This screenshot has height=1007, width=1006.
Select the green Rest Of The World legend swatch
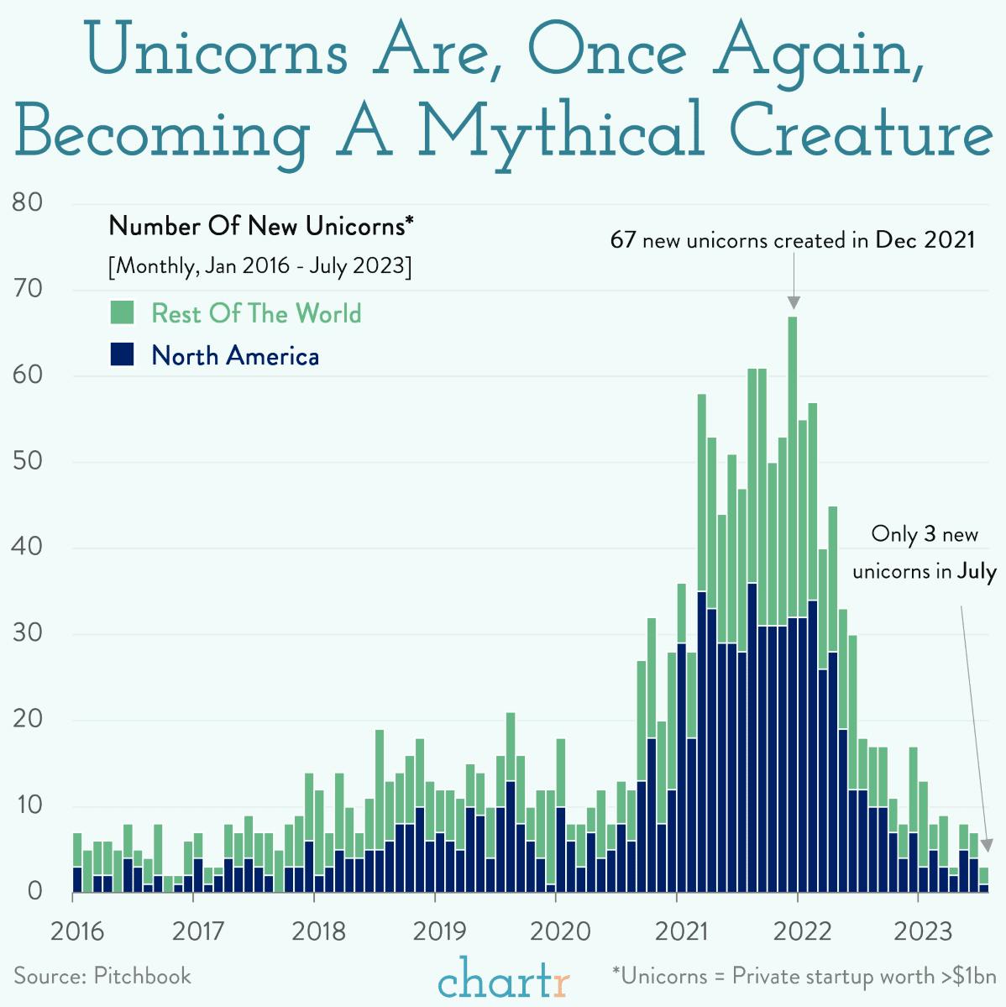pyautogui.click(x=123, y=313)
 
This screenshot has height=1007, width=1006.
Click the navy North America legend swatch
pyautogui.click(x=123, y=354)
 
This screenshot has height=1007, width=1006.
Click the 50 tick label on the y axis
pyautogui.click(x=28, y=461)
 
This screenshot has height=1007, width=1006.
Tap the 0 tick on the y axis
pyautogui.click(x=34, y=890)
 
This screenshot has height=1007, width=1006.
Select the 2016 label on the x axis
pyautogui.click(x=76, y=931)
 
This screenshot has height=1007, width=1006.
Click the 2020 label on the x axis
pyautogui.click(x=555, y=931)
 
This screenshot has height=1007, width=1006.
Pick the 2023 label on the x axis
pyautogui.click(x=921, y=931)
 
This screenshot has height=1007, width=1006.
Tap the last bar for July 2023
pyautogui.click(x=983, y=880)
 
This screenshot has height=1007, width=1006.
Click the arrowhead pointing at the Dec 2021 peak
pyautogui.click(x=794, y=303)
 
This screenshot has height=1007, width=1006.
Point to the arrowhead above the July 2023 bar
pyautogui.click(x=987, y=845)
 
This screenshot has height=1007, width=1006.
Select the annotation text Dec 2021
pyautogui.click(x=925, y=240)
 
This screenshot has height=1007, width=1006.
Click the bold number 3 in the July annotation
pyautogui.click(x=930, y=534)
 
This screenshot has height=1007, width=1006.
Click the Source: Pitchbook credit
pyautogui.click(x=102, y=976)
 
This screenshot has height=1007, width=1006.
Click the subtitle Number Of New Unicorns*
pyautogui.click(x=262, y=226)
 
